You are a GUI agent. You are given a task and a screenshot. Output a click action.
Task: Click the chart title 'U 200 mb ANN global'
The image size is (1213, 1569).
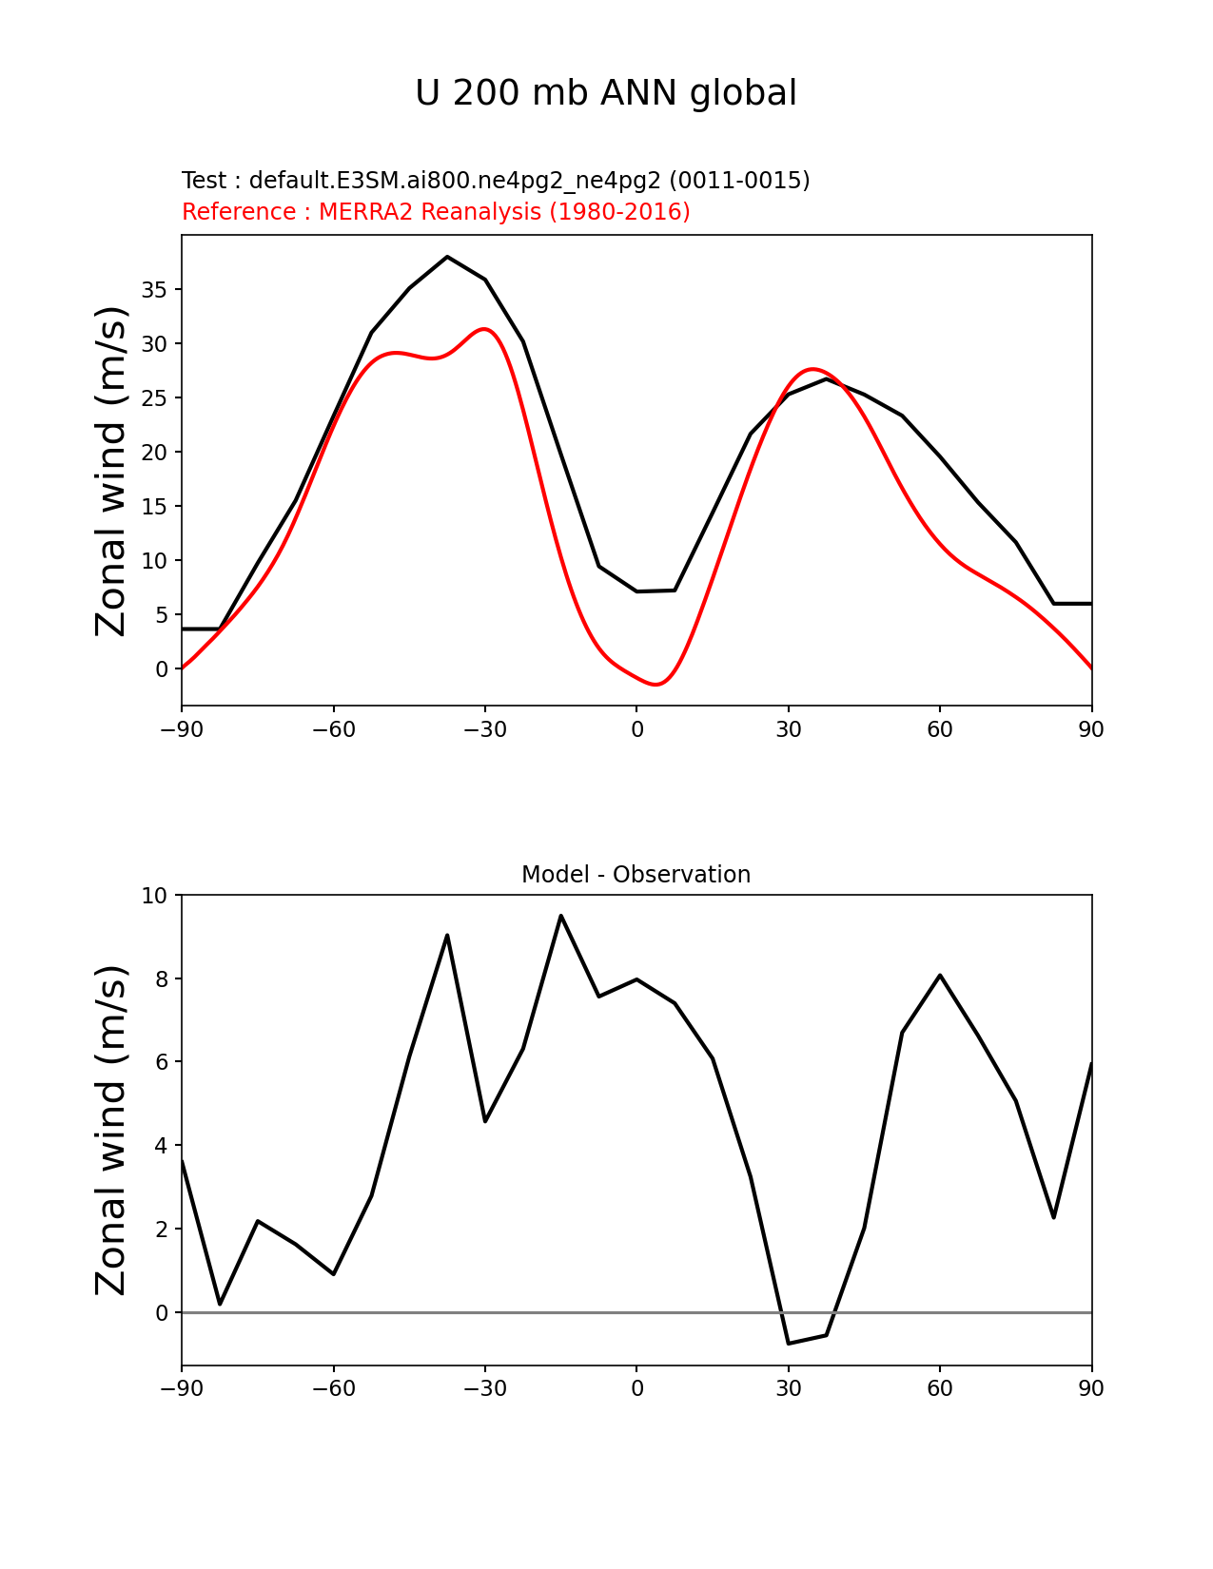click(x=606, y=93)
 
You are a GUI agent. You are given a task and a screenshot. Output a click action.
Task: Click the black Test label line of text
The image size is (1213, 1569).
click(x=496, y=181)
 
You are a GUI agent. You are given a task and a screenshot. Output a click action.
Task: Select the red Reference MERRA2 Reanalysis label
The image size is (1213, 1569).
click(x=436, y=212)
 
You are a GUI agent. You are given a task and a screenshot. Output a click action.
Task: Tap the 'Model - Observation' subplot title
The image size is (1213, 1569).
click(x=636, y=875)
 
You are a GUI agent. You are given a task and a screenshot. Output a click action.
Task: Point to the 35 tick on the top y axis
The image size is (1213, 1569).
click(x=155, y=290)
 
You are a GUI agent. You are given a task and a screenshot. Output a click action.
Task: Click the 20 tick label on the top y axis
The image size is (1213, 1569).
click(x=155, y=453)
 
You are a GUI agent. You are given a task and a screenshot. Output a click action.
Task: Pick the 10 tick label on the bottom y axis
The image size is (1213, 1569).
click(x=155, y=896)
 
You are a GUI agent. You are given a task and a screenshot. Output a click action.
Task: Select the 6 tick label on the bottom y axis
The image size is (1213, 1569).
click(x=161, y=1062)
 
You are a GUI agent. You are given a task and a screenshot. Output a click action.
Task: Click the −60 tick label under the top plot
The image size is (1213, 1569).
click(x=333, y=729)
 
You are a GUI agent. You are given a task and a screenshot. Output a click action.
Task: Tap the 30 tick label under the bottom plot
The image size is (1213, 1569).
click(x=788, y=1388)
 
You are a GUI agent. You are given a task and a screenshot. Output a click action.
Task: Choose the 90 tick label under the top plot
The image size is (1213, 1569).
click(x=1091, y=729)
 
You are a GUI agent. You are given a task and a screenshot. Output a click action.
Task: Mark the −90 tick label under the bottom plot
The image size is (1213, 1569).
click(x=182, y=1388)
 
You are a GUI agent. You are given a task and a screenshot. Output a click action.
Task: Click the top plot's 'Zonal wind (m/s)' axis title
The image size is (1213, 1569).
click(x=112, y=471)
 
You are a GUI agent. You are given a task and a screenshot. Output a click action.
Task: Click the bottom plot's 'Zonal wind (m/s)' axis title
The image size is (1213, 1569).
click(x=112, y=1130)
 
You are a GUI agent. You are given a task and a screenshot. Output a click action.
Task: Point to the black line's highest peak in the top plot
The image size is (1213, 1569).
click(x=447, y=257)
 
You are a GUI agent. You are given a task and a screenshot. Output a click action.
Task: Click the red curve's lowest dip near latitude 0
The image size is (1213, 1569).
click(x=656, y=684)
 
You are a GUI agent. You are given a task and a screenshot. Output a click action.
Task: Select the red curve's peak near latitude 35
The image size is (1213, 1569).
click(x=812, y=369)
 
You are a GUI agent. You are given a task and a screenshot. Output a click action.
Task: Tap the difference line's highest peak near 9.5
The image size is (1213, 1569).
click(x=561, y=916)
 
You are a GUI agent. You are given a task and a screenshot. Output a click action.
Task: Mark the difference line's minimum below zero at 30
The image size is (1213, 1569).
click(x=789, y=1343)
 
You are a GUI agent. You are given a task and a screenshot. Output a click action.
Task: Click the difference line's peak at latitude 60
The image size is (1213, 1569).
click(x=940, y=975)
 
